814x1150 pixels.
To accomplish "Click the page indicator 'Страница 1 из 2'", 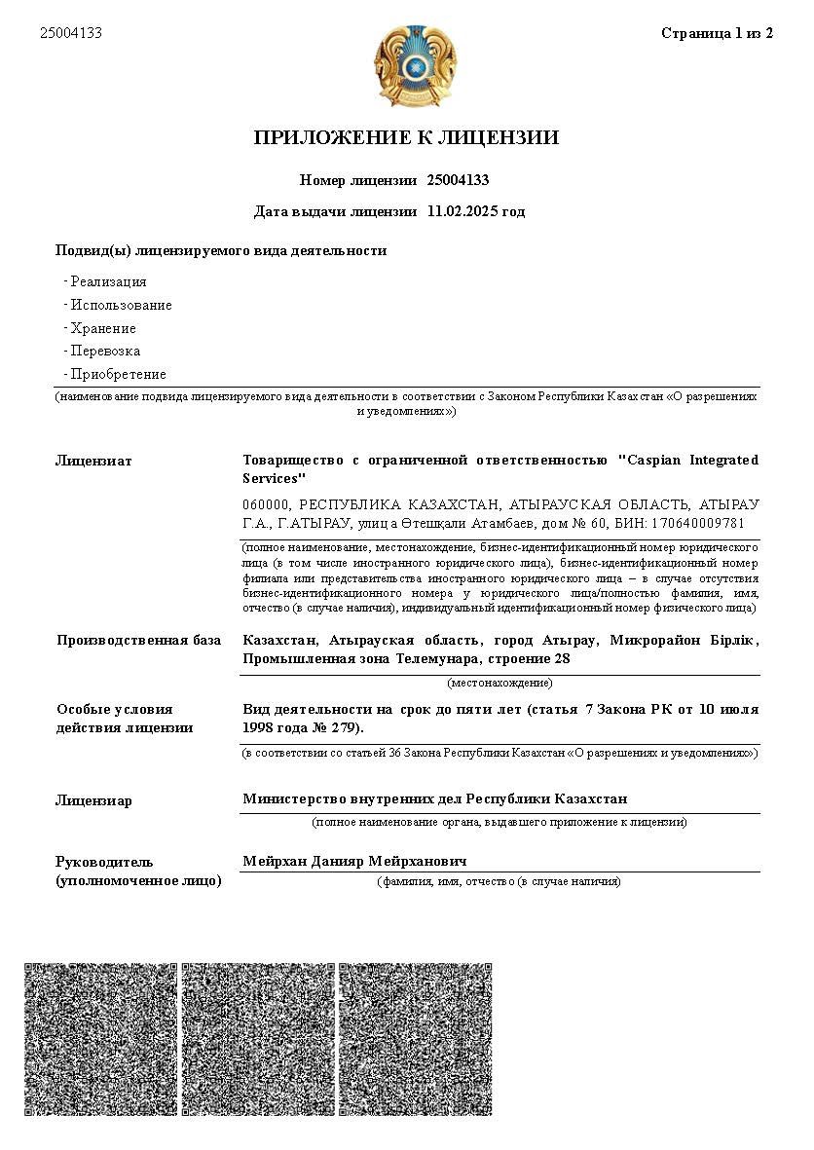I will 717,33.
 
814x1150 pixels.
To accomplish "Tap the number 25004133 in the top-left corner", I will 71,33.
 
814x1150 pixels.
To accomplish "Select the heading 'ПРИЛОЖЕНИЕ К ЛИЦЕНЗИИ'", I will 406,137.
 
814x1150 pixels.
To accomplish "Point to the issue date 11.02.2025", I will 461,211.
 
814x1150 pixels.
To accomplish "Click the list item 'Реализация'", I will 108,281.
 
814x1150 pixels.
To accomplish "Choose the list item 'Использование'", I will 121,305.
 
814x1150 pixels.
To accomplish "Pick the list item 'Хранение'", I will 103,328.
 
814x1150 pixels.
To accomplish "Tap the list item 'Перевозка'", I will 105,351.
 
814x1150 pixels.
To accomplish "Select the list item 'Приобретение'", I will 118,374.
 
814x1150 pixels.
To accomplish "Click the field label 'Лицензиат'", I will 93,461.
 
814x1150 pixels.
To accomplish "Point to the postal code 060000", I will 266,504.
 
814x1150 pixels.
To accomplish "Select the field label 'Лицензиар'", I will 93,800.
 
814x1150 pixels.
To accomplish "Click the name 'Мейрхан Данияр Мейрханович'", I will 354,862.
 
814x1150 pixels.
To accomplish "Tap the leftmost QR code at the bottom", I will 100,1039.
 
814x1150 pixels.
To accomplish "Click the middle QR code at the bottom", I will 258,1039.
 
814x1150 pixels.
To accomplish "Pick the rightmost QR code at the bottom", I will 415,1039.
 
